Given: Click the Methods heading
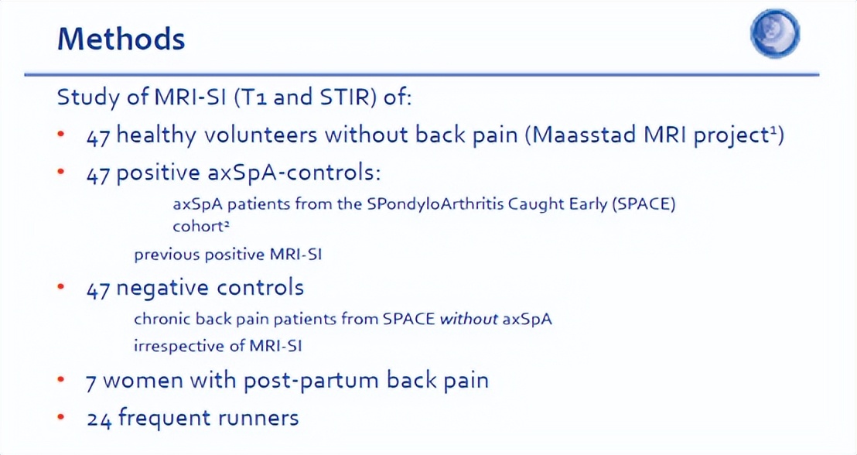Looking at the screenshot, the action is pos(121,39).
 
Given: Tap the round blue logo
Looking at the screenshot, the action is pos(774,33).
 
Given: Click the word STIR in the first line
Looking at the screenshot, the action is pos(347,97).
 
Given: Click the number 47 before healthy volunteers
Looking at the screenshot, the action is pos(98,137).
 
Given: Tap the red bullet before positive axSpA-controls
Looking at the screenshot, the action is pos(61,172).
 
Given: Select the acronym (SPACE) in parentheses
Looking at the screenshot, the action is pos(644,204).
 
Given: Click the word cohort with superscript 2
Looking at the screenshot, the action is pos(200,227).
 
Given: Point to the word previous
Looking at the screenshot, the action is pos(167,255).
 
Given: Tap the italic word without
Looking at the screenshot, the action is pos(469,318).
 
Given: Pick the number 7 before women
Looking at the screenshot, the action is pos(91,383).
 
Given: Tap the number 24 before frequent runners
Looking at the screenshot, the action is pos(100,419).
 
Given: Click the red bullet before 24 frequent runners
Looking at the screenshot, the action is pos(61,417).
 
